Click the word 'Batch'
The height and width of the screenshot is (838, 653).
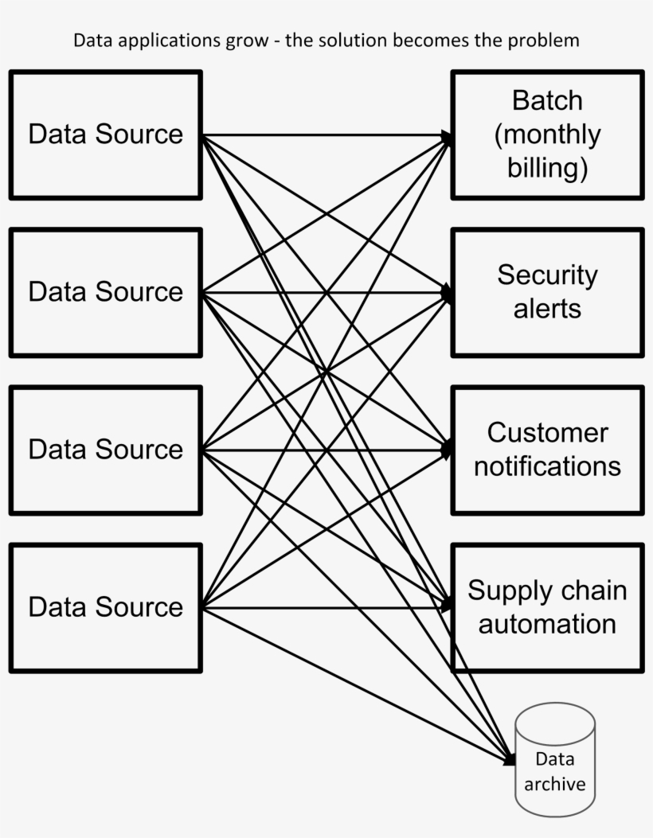pos(547,101)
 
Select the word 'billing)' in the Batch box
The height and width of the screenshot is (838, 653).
pos(547,168)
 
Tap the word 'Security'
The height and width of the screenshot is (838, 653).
pos(547,275)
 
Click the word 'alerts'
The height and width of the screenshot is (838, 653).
pos(547,308)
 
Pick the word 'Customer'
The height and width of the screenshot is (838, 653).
pos(547,433)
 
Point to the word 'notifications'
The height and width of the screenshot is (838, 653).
pos(547,466)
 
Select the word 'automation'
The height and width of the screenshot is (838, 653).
pos(547,623)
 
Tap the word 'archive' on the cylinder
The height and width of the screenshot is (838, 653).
pos(554,784)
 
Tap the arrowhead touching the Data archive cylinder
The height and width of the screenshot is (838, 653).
pos(510,759)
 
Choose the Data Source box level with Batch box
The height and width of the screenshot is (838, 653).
pos(105,134)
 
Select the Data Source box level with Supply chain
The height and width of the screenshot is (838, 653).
pos(105,608)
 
